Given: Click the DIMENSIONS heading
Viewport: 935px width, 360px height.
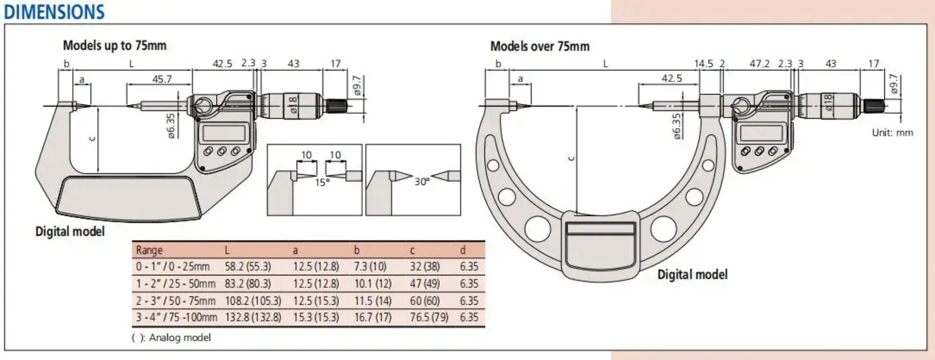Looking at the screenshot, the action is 54,12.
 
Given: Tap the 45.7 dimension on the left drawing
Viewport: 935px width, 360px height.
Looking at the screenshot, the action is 162,79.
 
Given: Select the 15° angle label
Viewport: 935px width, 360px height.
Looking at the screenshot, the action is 322,182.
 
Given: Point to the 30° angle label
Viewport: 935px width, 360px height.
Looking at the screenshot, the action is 422,181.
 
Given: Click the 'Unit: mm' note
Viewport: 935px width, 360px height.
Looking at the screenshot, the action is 892,133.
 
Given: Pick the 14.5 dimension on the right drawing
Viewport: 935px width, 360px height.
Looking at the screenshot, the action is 704,63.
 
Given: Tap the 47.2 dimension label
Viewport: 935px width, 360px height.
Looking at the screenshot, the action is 759,63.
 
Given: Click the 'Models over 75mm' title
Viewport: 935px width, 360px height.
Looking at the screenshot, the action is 540,46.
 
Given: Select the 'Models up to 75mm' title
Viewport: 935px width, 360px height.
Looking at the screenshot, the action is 115,45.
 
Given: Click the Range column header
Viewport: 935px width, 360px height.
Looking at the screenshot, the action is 149,250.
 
